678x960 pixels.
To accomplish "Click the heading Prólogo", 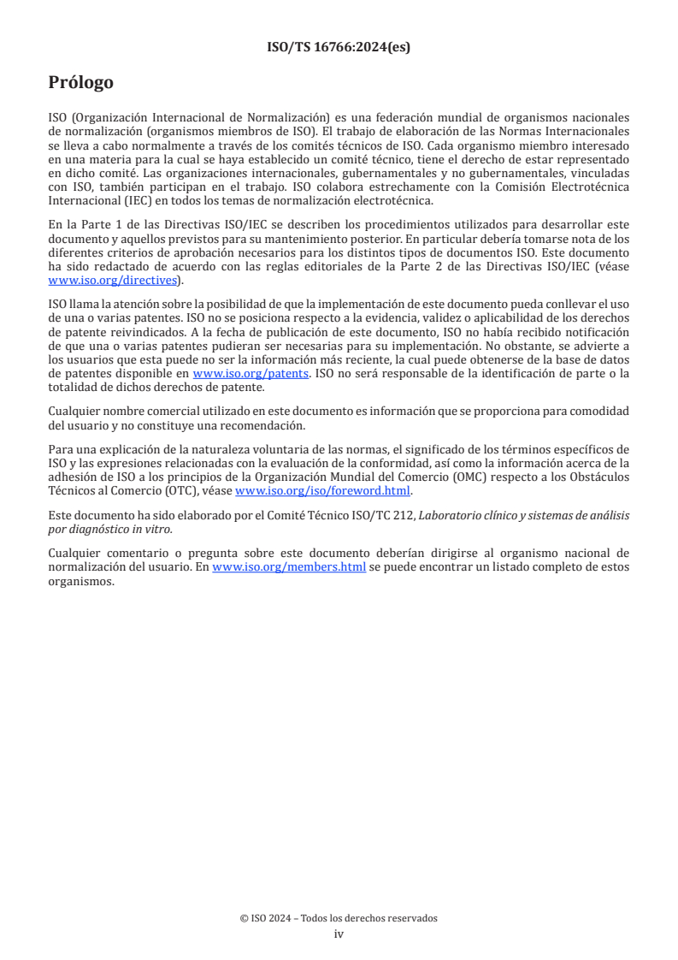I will [80, 83].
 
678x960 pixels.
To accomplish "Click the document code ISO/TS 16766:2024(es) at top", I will [339, 47].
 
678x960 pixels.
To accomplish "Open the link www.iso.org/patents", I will [251, 373].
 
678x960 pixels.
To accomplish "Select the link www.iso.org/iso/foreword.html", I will [322, 490].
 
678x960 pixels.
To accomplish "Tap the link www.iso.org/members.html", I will [289, 566].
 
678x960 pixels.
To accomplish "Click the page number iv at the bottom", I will [339, 934].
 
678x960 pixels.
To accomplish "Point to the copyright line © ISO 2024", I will [339, 918].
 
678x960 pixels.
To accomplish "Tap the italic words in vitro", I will [155, 529].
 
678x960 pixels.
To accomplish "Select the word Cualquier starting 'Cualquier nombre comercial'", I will [74, 411].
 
